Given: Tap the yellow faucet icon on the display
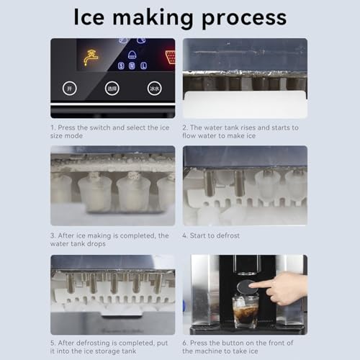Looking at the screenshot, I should [90, 56].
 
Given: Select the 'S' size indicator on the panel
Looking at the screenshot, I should [122, 66].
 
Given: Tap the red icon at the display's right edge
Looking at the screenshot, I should [170, 57].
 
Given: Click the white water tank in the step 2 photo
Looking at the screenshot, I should [245, 104].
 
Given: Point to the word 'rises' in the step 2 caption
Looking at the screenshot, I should [253, 127].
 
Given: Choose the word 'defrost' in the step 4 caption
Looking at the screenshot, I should [226, 235].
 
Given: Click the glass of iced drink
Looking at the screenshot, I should [246, 310].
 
